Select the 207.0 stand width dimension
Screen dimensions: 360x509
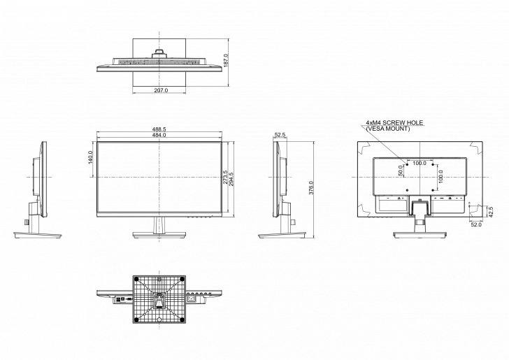161,90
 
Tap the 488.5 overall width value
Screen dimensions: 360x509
160,129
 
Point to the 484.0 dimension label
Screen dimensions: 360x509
160,135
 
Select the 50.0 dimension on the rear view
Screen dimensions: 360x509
401,169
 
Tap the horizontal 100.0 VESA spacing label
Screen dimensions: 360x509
420,163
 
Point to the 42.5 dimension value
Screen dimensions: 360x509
490,211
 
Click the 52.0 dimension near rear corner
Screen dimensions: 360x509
476,224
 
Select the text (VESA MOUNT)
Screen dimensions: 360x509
388,129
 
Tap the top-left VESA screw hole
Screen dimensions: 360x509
407,166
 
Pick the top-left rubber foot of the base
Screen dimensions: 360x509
135,278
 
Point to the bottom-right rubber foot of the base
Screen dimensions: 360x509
183,322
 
